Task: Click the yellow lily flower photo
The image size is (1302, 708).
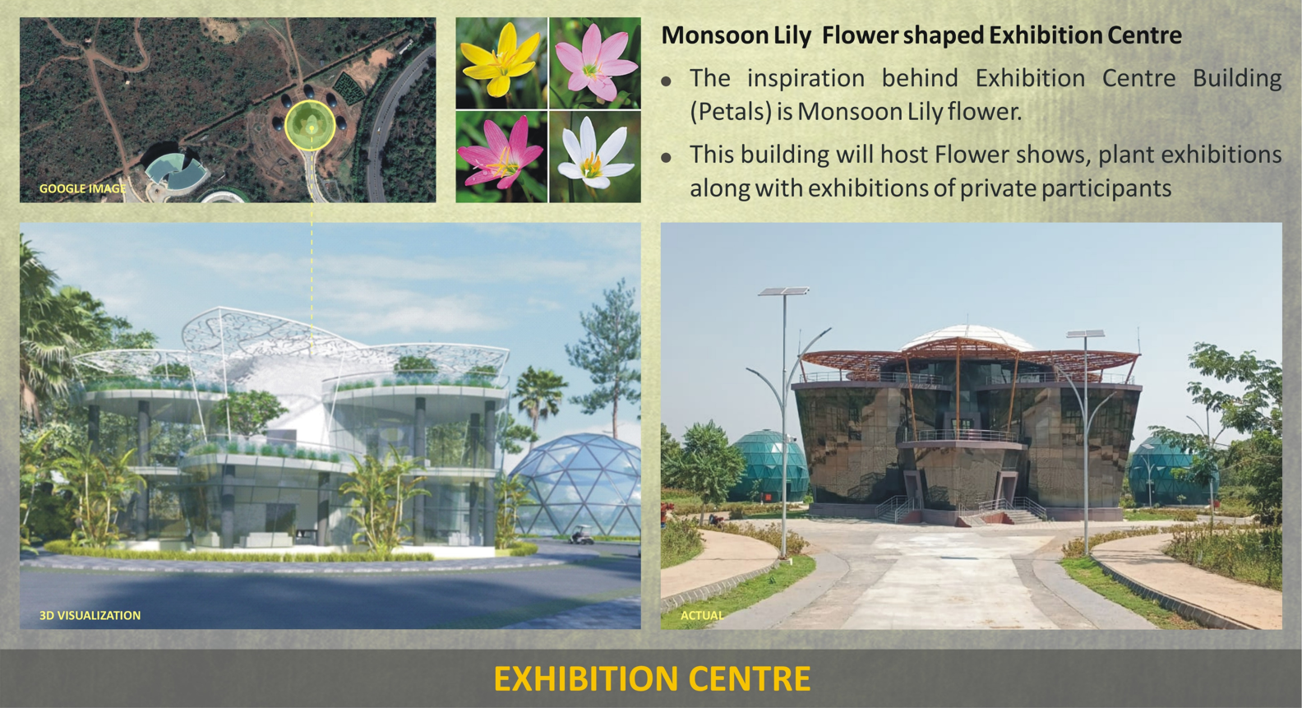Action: [501, 62]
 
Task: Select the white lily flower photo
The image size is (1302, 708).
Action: [595, 156]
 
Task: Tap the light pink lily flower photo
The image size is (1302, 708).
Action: [595, 62]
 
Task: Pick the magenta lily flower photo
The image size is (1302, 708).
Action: [501, 156]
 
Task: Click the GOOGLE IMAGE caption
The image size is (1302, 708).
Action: [82, 188]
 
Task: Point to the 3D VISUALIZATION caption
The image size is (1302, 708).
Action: [90, 616]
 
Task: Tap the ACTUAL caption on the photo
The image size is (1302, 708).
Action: [702, 615]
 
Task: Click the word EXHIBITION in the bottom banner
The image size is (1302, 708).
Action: [586, 678]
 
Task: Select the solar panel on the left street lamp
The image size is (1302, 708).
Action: [783, 290]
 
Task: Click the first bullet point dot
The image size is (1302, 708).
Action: [667, 81]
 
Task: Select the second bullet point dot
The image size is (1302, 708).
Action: [667, 158]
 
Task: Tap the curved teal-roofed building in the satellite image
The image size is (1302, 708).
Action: [173, 171]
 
